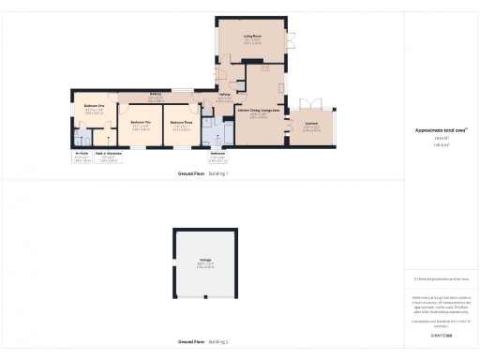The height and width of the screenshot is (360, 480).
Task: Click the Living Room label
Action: (252, 37)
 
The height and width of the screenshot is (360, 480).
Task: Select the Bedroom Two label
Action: (141, 123)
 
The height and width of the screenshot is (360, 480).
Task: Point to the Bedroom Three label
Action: (181, 123)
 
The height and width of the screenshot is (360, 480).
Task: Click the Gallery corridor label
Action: (157, 95)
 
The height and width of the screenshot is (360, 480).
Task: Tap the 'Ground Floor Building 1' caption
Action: (203, 174)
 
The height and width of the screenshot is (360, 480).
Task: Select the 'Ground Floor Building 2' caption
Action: (203, 343)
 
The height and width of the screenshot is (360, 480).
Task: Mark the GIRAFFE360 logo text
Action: (441, 335)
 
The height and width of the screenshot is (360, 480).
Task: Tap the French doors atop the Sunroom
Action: (310, 98)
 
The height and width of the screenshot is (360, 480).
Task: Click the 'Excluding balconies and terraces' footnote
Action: (442, 278)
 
